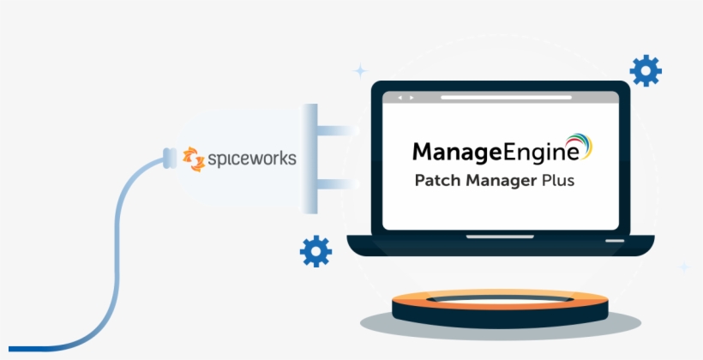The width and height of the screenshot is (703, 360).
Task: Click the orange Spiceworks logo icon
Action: click(195, 159)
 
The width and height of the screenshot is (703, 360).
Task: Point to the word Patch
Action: click(437, 182)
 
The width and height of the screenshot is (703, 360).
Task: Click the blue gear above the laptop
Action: click(645, 71)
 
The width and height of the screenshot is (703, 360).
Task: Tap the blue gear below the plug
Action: click(315, 251)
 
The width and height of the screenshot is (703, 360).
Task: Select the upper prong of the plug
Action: click(337, 131)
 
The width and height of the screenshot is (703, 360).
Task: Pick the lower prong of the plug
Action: click(337, 183)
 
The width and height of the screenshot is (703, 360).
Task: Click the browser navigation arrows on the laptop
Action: click(400, 98)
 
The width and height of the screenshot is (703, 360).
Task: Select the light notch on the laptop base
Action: click(500, 236)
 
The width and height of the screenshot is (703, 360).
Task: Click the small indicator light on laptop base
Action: click(615, 241)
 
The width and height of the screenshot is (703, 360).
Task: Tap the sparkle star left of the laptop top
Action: click(360, 70)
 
